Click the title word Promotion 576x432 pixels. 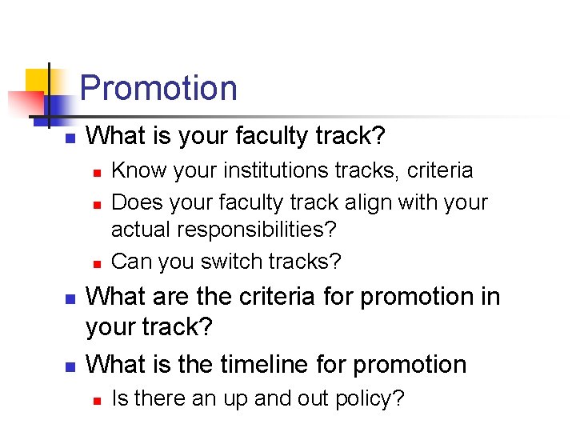pyautogui.click(x=158, y=88)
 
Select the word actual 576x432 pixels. pyautogui.click(x=141, y=230)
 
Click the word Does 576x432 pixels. pyautogui.click(x=134, y=202)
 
